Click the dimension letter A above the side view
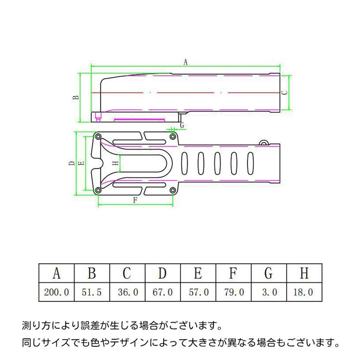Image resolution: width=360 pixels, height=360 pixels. tap(186, 62)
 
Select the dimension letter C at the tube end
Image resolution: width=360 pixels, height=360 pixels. tap(284, 92)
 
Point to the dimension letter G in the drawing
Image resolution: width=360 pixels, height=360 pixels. tap(182, 125)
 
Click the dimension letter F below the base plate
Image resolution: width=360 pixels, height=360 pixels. tap(135, 200)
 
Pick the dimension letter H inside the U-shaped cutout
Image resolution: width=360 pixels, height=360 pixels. tap(116, 163)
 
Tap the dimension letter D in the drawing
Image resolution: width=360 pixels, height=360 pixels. tap(72, 163)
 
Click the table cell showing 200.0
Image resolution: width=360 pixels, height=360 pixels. tap(56, 292)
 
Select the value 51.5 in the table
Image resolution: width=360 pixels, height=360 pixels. tap(92, 292)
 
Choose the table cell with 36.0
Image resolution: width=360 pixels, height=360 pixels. tap(128, 292)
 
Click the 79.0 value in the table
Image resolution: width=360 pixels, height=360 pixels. tap(234, 292)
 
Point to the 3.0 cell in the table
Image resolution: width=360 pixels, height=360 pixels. tap(270, 292)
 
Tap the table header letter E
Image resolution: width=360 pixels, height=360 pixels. tap(198, 273)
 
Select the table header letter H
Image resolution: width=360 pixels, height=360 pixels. tap(304, 273)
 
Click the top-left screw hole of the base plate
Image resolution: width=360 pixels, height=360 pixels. tap(98, 137)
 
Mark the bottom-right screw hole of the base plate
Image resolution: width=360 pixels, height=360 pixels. tap(173, 190)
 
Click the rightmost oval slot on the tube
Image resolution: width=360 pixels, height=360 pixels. tap(250, 163)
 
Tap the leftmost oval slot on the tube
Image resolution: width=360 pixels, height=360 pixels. tap(184, 163)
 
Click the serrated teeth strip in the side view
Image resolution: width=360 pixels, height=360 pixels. tap(140, 120)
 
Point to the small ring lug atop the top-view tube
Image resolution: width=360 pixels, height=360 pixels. tap(264, 143)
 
